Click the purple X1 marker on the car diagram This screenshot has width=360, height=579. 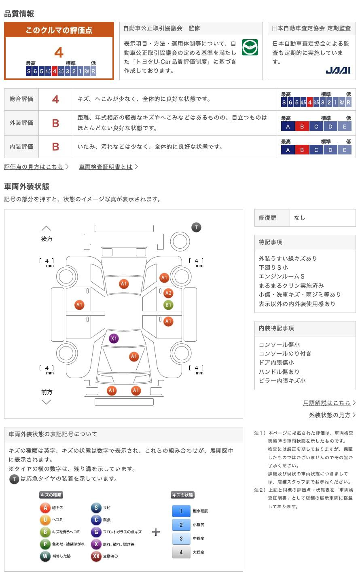point(114,338)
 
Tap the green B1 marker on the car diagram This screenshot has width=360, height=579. point(168,305)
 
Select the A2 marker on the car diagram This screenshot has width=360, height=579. point(168,293)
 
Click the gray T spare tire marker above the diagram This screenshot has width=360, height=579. point(196,228)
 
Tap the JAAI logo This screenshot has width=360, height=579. point(338,70)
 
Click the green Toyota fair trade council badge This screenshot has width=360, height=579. point(250,47)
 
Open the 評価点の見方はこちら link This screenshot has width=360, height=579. point(34,167)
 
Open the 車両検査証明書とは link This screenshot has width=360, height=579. point(106,167)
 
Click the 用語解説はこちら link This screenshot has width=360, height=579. point(326,403)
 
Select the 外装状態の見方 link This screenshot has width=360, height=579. point(330,415)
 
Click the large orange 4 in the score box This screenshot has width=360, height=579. point(59,53)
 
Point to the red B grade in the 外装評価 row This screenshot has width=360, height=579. point(55,123)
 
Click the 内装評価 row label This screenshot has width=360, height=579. point(21,147)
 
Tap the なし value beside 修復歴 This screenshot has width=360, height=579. point(299,218)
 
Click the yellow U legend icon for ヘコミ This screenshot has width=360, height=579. point(45,520)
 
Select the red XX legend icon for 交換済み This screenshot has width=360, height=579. point(96,556)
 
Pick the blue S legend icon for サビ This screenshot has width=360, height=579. point(96,508)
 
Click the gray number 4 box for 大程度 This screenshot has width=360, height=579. point(181,552)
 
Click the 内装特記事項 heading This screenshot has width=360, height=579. point(276,328)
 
